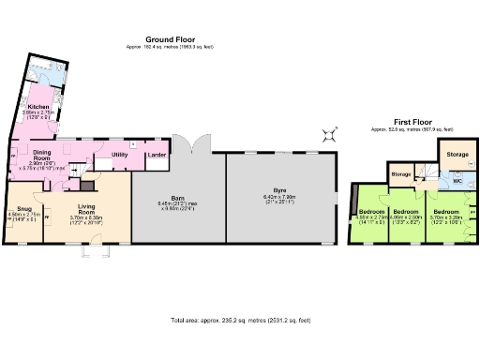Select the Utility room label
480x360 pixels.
[119, 153]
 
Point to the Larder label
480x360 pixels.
[156, 153]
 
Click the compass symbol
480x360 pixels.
[330, 133]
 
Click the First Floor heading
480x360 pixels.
[412, 122]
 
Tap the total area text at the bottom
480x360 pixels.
[237, 320]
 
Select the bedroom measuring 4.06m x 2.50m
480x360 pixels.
[406, 213]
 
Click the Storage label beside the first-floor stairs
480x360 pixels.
[400, 174]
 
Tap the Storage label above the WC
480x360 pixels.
[457, 153]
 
